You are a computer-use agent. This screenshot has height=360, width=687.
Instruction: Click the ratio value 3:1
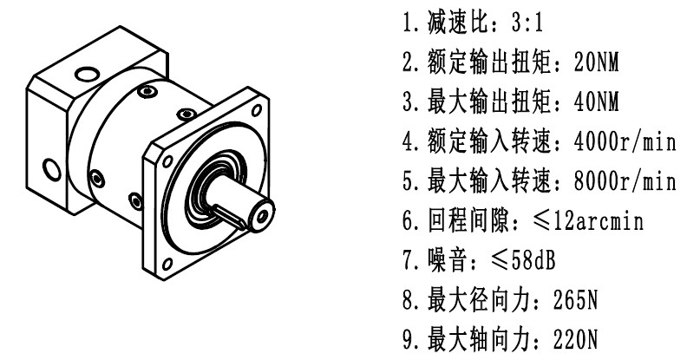coord(527,22)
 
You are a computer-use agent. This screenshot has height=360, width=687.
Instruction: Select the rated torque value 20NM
coord(596,62)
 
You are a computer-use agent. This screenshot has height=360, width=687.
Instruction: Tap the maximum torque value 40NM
coord(596,102)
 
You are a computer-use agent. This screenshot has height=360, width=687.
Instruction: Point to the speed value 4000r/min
coord(625,142)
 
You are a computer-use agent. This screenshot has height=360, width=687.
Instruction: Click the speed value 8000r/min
coord(625,181)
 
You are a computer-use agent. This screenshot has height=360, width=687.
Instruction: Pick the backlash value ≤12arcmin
coord(588,220)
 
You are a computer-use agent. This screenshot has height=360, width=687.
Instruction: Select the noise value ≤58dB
coord(523,260)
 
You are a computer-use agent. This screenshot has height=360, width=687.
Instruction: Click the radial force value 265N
coord(575,300)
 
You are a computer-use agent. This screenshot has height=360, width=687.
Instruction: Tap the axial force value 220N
coord(575,339)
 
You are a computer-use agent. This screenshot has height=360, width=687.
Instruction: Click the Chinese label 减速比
coord(458,22)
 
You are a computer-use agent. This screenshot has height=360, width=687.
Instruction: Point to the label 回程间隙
coord(468,220)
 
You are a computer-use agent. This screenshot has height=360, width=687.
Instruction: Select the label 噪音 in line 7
coord(448,260)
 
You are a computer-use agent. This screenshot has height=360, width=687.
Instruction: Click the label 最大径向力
coord(479,300)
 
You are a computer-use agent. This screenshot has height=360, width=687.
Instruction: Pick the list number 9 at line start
coord(408,340)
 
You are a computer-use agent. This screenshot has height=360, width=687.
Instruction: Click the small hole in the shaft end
coord(263,216)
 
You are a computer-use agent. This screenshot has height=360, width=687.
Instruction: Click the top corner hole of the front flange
coord(257,109)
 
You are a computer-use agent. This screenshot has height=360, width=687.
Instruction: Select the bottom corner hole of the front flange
coord(167,264)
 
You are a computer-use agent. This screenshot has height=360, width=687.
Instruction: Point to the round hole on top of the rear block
coord(88,74)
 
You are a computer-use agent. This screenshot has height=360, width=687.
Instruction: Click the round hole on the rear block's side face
coord(52,169)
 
